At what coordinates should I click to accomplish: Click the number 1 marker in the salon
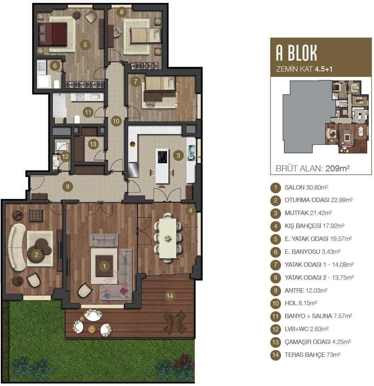pyautogui.click(x=104, y=266)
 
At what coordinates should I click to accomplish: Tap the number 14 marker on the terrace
pyautogui.click(x=170, y=296)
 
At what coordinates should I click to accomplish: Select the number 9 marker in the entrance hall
pyautogui.click(x=67, y=187)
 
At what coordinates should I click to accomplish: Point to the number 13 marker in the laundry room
pyautogui.click(x=93, y=144)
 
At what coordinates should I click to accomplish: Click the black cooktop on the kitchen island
pyautogui.click(x=163, y=157)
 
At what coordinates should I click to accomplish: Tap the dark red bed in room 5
pyautogui.click(x=52, y=34)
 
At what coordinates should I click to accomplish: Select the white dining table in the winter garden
pyautogui.click(x=167, y=238)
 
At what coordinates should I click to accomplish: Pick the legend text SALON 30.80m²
pyautogui.click(x=306, y=188)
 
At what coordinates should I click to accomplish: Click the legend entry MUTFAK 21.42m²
pyautogui.click(x=308, y=213)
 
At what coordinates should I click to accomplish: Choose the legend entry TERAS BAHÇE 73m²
pyautogui.click(x=312, y=355)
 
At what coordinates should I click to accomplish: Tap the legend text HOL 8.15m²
pyautogui.click(x=301, y=303)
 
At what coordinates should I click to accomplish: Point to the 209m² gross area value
pyautogui.click(x=337, y=169)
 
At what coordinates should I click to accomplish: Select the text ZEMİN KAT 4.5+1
pyautogui.click(x=304, y=69)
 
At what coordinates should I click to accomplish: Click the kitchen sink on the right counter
pyautogui.click(x=191, y=153)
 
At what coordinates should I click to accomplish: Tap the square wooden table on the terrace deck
pyautogui.click(x=175, y=323)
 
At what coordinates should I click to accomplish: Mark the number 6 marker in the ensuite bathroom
pyautogui.click(x=55, y=65)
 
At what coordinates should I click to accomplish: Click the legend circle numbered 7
pyautogui.click(x=276, y=265)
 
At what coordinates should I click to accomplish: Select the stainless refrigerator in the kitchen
pyautogui.click(x=134, y=170)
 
